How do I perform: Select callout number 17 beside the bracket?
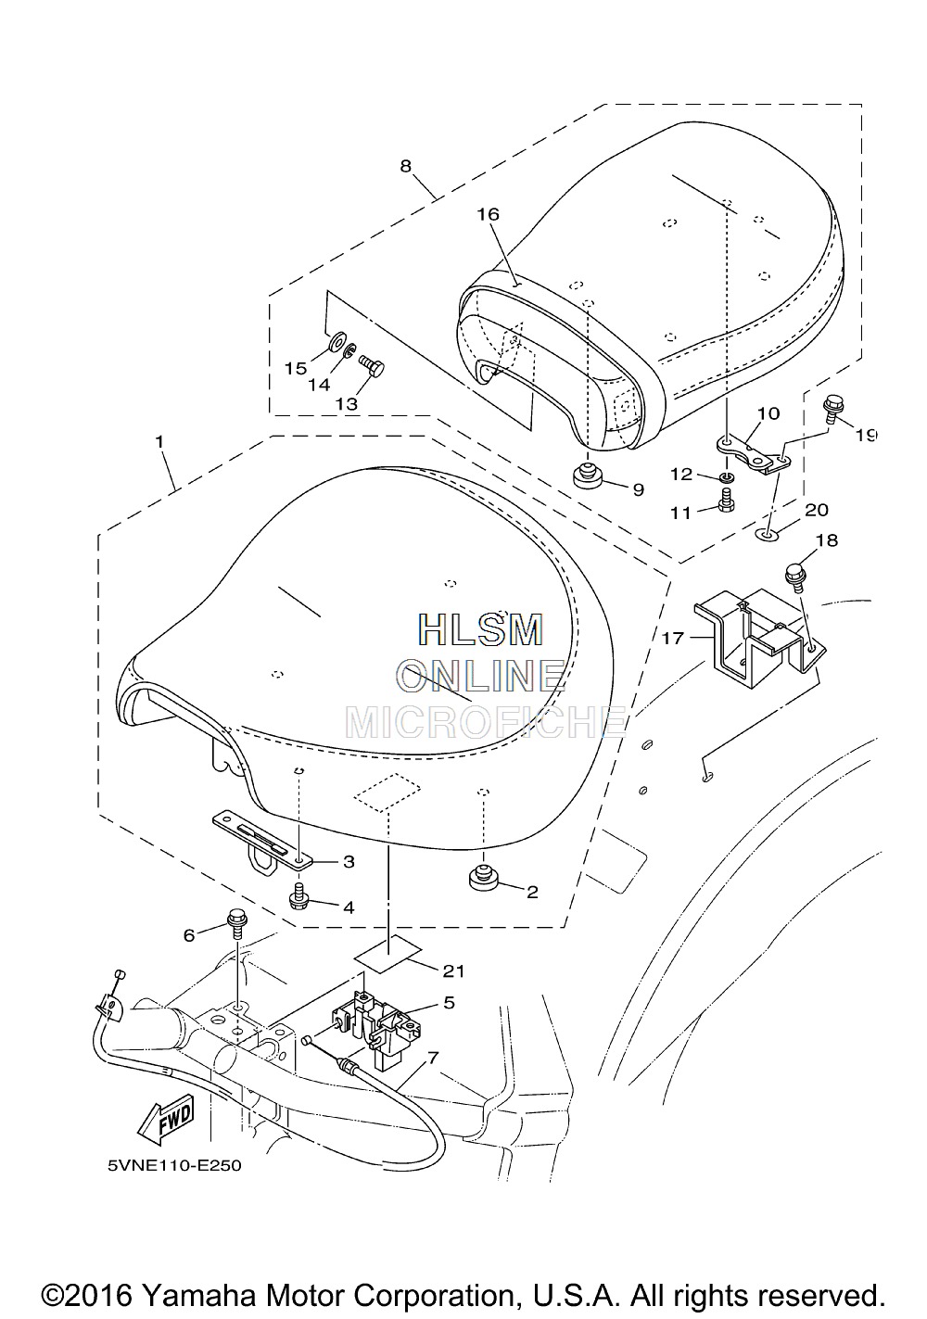point(673,638)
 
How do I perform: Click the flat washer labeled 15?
point(337,341)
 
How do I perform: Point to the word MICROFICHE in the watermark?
point(486,722)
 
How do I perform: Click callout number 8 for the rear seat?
point(405,167)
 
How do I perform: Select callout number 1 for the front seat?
point(159,441)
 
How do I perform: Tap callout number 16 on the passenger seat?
point(489,214)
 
